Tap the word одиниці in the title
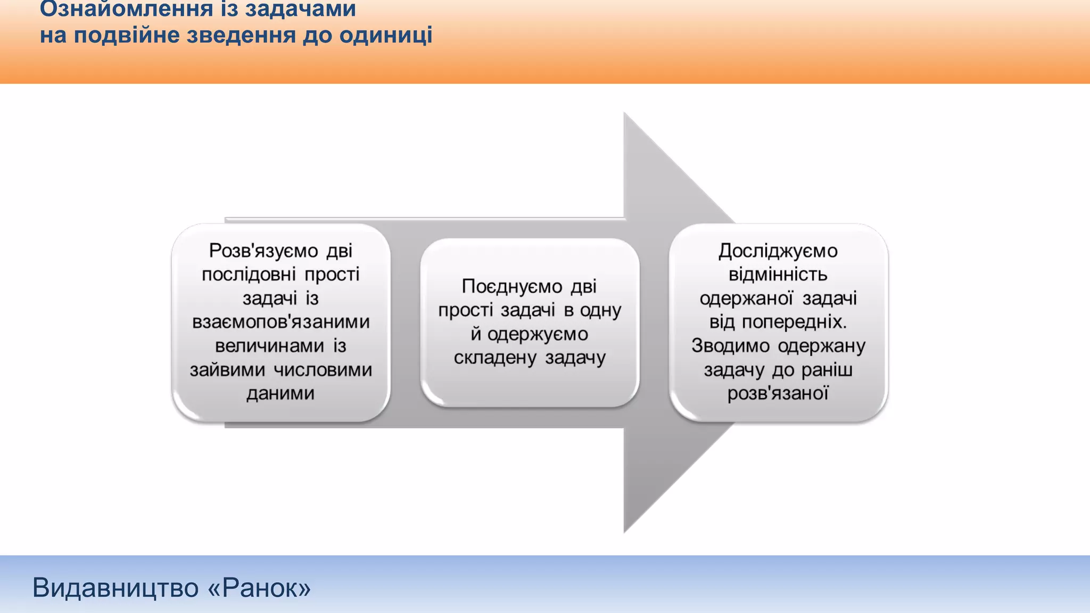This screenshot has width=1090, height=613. coord(385,35)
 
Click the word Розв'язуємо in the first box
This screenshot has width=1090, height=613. coord(263,250)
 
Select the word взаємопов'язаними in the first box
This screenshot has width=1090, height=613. coord(281,322)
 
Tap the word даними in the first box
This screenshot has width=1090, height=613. coord(280,393)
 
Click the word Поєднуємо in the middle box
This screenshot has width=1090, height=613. coord(512,286)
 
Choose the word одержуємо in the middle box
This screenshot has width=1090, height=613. coord(538,334)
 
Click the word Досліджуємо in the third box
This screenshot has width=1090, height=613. coord(778,250)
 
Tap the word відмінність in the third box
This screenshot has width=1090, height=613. coord(778,275)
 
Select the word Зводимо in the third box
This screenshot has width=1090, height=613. coord(730,346)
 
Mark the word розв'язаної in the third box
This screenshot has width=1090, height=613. coord(778,393)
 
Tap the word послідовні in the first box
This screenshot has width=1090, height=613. coord(249,275)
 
